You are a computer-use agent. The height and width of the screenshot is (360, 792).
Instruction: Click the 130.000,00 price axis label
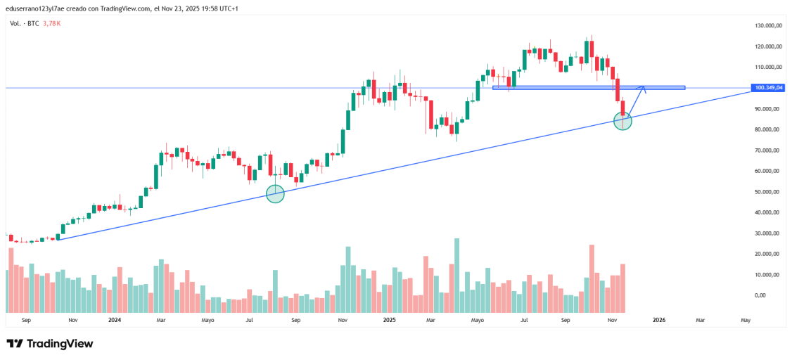769,25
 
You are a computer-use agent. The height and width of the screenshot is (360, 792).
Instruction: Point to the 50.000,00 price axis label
769,192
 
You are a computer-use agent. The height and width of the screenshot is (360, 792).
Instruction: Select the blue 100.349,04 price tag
768,88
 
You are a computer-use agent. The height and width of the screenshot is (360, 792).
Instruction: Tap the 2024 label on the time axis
115,320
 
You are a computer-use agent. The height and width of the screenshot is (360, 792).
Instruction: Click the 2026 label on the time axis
659,320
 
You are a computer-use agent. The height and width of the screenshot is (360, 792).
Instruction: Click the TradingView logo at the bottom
50,344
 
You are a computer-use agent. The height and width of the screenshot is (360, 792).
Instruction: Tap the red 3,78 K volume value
52,23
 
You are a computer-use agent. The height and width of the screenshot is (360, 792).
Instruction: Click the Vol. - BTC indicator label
25,23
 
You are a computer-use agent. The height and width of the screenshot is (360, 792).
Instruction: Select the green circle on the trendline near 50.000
275,194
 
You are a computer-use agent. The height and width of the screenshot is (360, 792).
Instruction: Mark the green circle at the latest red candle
622,121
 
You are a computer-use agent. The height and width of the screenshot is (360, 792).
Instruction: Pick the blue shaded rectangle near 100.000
588,87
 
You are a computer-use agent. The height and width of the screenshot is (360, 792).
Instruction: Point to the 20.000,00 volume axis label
769,254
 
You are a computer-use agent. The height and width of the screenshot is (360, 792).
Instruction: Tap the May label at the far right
746,320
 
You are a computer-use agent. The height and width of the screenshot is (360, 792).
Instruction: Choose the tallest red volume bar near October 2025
592,278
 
